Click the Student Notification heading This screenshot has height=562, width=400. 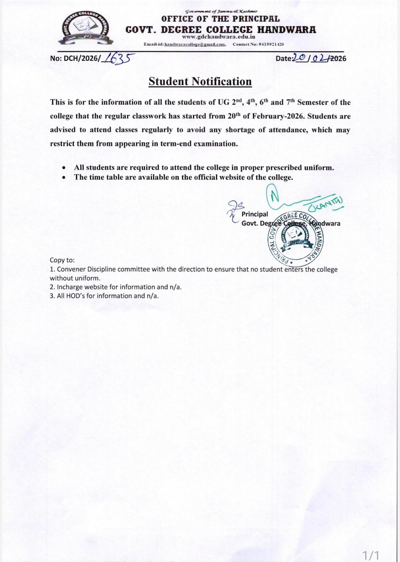pyautogui.click(x=200, y=81)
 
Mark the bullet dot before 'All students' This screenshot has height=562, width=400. pyautogui.click(x=64, y=168)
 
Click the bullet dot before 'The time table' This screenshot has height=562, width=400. pyautogui.click(x=64, y=177)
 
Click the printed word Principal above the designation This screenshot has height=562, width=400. pyautogui.click(x=255, y=214)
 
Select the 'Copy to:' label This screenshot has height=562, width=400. pyautogui.click(x=62, y=260)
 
